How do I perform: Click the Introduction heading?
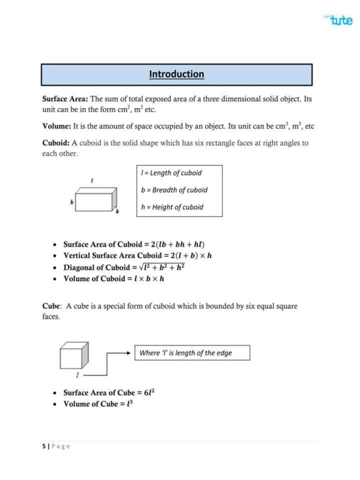click(x=177, y=74)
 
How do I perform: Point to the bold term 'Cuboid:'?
click(x=60, y=143)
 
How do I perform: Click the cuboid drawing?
click(x=96, y=200)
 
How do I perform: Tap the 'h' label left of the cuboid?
click(x=72, y=200)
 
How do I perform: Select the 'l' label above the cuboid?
click(x=91, y=180)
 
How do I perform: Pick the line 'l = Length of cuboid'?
click(x=171, y=173)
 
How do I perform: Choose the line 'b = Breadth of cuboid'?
click(x=174, y=190)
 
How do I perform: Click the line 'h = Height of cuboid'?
click(x=172, y=207)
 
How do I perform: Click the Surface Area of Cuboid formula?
click(x=134, y=245)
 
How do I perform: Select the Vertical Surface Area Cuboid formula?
click(x=139, y=256)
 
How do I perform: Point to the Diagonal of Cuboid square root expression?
click(x=164, y=267)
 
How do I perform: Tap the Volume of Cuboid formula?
click(x=113, y=279)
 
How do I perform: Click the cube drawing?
click(x=74, y=355)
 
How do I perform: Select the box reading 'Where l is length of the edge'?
click(x=192, y=354)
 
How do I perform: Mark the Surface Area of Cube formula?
click(x=108, y=393)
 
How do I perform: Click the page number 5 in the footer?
click(x=44, y=446)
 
